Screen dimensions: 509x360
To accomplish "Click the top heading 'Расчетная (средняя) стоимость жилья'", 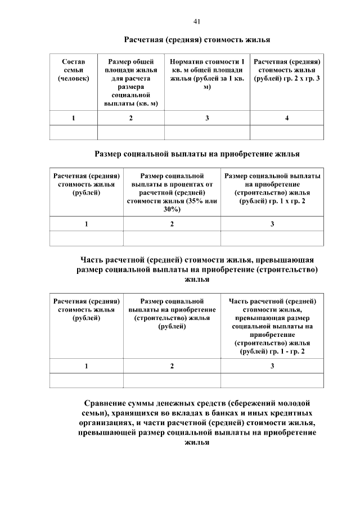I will (197, 40).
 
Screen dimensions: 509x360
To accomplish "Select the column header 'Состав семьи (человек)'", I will (74, 70).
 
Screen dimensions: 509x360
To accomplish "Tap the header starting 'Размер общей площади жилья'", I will (131, 82).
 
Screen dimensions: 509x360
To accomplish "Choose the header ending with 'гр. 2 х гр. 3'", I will (287, 70).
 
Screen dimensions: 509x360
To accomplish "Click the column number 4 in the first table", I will (287, 118).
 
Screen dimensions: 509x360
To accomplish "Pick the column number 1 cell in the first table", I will (74, 118).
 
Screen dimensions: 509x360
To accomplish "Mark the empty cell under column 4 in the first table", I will (287, 133).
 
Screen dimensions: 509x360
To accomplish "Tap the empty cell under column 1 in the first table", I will (74, 133).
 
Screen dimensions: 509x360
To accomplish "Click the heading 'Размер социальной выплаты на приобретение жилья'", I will (197, 154).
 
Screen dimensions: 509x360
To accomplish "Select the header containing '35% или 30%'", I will (172, 192).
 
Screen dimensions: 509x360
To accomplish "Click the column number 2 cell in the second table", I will (172, 224).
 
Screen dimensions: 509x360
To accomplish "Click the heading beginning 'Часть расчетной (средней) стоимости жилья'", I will (197, 269).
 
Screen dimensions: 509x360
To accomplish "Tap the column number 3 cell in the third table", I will (272, 366).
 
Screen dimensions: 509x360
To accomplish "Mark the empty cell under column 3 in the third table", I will (272, 381).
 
